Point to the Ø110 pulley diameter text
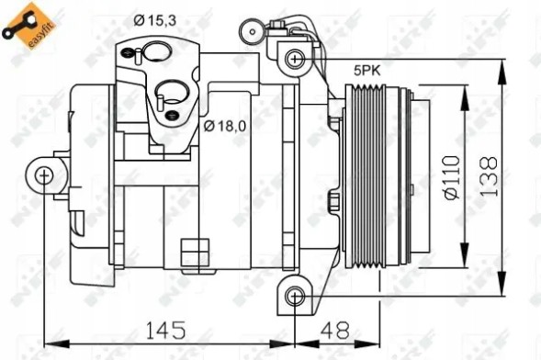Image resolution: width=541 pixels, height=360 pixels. (450, 174)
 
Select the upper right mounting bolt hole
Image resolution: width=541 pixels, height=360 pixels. (294, 60)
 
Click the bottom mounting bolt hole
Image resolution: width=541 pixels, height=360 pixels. (294, 296)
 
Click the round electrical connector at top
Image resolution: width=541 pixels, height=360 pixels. (248, 33)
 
